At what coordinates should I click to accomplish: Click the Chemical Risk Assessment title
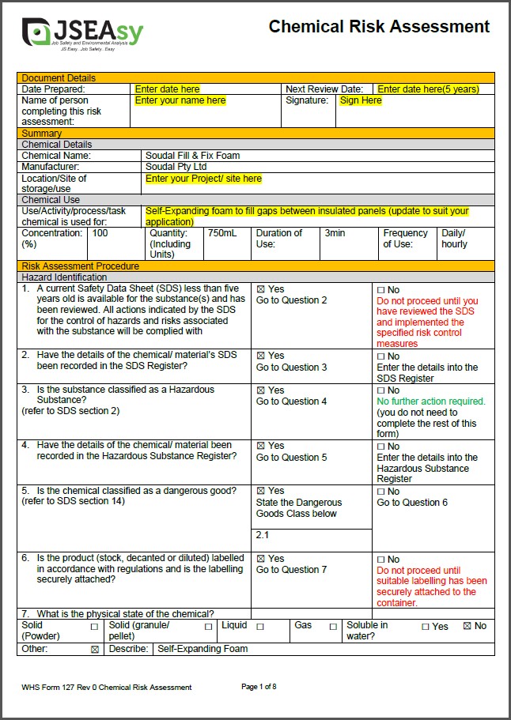point(379,27)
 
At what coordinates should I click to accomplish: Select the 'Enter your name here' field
point(180,101)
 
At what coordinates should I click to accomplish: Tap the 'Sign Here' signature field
point(361,101)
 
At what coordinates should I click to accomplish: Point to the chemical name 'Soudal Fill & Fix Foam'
point(192,156)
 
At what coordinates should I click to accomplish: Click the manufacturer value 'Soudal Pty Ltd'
point(176,167)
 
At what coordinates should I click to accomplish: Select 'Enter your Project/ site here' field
point(203,179)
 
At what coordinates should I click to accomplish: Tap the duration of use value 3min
point(335,234)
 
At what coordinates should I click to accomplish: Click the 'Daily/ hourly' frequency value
point(454,239)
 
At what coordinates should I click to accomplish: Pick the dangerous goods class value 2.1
point(263,536)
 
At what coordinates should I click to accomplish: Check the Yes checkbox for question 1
point(260,290)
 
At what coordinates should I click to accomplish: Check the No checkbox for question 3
point(380,390)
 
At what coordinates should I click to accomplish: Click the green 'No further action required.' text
point(430,401)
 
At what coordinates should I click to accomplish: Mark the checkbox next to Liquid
point(259,626)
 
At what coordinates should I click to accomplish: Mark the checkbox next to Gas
point(333,626)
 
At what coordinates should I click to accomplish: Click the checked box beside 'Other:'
point(95,649)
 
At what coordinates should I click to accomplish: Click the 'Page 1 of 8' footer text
point(259,687)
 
